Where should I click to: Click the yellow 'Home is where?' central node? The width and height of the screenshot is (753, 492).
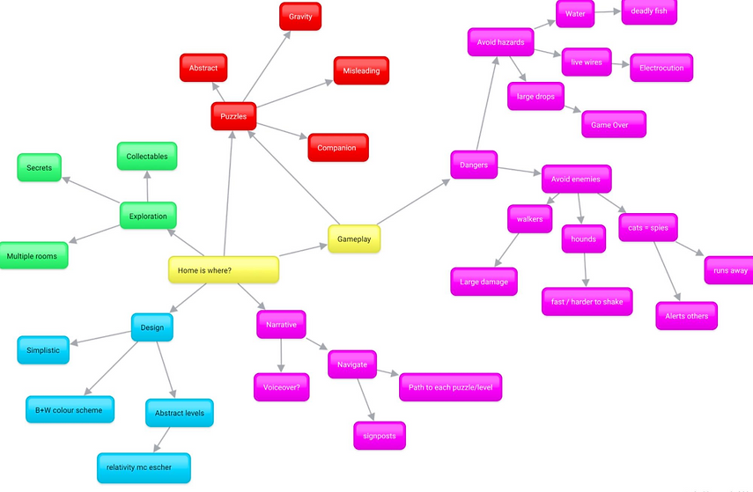tap(224, 270)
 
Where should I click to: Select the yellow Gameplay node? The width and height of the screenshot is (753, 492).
tap(354, 239)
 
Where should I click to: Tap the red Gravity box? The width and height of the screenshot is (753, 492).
tap(300, 17)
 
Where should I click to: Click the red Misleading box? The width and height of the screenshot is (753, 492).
tap(361, 70)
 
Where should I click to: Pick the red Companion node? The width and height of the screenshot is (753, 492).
tap(337, 148)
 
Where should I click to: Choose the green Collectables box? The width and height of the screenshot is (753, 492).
tap(146, 157)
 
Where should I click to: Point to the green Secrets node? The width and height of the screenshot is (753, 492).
tap(40, 167)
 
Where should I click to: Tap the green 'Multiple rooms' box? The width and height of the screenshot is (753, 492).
tap(33, 256)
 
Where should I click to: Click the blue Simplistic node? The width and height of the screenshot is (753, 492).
tap(43, 349)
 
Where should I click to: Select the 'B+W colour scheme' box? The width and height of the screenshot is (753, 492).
tap(69, 410)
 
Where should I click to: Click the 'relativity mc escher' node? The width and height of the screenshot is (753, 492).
tap(144, 467)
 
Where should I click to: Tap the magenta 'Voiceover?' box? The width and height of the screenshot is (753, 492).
tap(282, 386)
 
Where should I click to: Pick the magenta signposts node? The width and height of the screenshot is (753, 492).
tap(379, 435)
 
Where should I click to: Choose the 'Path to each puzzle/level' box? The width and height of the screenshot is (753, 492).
tap(450, 386)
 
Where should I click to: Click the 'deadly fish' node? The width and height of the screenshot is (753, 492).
tap(649, 11)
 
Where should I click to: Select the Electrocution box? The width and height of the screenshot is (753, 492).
tap(661, 68)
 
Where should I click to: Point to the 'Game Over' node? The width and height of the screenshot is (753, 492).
tap(613, 125)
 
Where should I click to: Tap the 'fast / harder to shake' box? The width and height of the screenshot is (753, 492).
tap(587, 302)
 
